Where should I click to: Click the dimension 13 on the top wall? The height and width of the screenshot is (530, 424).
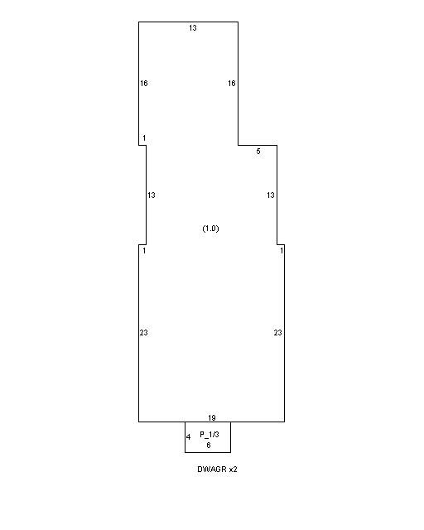(x=193, y=28)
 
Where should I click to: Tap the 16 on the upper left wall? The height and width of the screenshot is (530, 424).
(x=144, y=83)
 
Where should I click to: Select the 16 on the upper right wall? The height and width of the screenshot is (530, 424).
(x=232, y=83)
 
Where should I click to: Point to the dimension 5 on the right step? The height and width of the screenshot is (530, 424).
(x=258, y=152)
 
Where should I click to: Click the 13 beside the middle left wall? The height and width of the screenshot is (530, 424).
(x=152, y=195)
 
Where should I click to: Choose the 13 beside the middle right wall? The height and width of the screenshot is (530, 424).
(x=271, y=195)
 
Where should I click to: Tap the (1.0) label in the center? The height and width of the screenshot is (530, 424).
(x=210, y=229)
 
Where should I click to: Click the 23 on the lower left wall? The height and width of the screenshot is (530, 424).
(x=144, y=333)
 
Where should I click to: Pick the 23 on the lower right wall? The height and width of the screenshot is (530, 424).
(x=278, y=333)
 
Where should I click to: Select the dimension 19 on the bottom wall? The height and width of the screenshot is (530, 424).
(x=212, y=417)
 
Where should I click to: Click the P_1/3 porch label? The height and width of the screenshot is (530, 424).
(x=210, y=435)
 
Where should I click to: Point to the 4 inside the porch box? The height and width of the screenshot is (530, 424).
(x=189, y=437)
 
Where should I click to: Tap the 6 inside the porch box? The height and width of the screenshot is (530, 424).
(x=209, y=446)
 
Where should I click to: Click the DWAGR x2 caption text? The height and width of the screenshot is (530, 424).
(x=218, y=470)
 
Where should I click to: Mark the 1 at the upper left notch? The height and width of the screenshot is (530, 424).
(x=144, y=138)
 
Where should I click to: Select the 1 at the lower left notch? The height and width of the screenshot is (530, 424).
(x=144, y=250)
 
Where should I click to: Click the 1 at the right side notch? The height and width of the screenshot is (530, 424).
(x=282, y=250)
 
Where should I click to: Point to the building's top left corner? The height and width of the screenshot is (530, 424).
(x=138, y=22)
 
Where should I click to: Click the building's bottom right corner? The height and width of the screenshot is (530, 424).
(x=284, y=422)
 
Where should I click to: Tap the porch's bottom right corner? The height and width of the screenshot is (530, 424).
(x=230, y=452)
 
